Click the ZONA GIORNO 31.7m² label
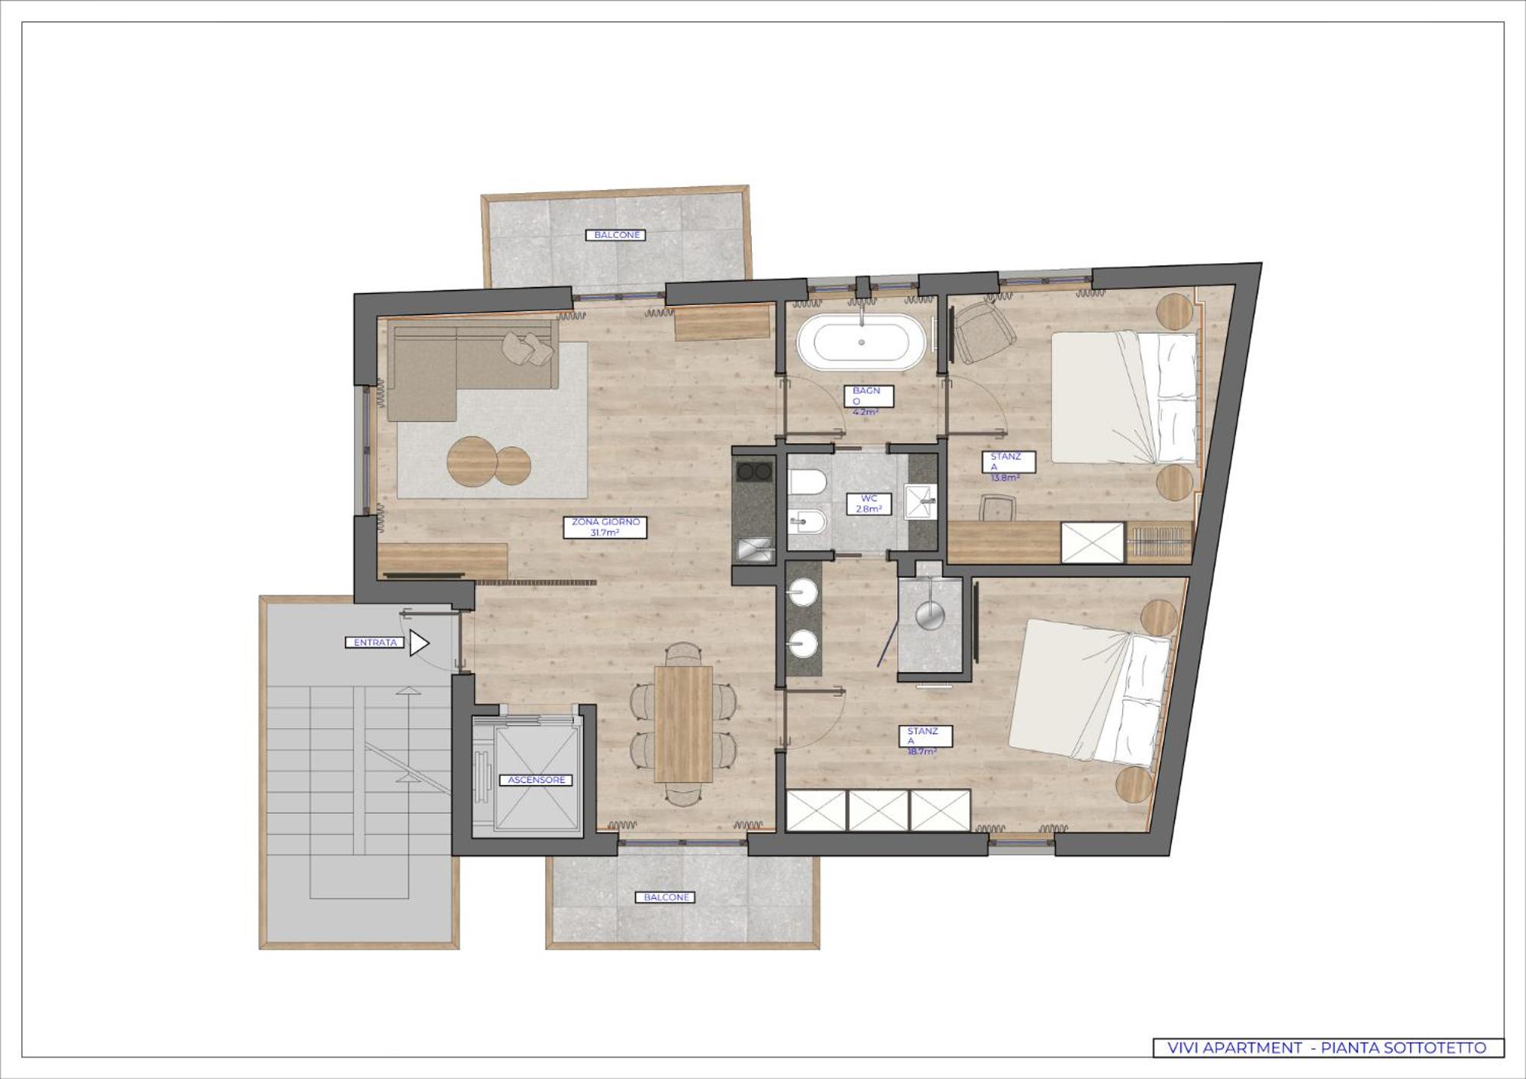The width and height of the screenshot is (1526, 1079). point(605,527)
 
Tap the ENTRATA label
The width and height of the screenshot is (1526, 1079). point(375,643)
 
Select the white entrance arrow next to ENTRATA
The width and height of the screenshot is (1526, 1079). point(419,643)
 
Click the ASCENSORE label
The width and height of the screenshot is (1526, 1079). point(536,780)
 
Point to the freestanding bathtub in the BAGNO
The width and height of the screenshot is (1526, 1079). point(861,343)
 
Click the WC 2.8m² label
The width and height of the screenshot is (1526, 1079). point(869,504)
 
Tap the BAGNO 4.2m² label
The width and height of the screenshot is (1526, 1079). point(868,401)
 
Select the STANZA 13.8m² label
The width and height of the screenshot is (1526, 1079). point(1008,466)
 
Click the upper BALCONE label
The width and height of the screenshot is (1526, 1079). point(616,235)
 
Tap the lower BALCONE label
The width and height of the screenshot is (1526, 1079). point(666,897)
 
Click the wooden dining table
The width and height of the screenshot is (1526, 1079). point(683,723)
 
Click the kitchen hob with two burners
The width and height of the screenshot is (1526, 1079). point(753,472)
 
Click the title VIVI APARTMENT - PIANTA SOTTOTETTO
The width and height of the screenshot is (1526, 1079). point(1328,1048)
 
